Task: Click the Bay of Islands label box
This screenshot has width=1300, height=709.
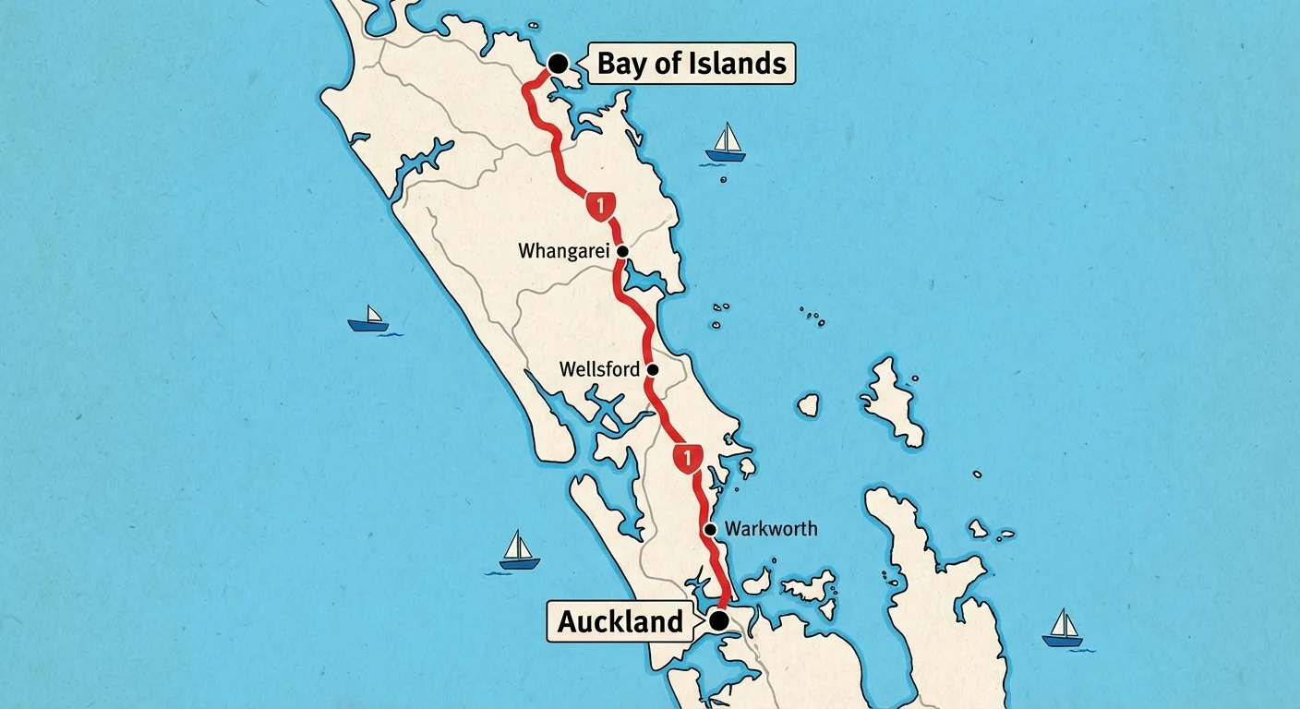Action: coord(692,64)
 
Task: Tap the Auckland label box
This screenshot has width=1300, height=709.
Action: coord(620,621)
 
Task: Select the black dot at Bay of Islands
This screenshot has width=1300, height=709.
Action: coord(559,63)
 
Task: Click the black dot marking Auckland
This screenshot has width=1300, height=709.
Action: coord(718,620)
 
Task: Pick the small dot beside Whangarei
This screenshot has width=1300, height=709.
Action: coord(622,251)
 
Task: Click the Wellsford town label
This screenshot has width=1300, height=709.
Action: coord(599,369)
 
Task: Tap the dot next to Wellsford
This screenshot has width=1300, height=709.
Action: coord(653,369)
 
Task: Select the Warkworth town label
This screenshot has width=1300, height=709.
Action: coord(771,529)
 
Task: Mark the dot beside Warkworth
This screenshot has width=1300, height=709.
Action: coord(710,529)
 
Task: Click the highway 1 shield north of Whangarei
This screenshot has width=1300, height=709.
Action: coord(600,205)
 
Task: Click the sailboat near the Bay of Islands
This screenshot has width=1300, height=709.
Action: coord(726,143)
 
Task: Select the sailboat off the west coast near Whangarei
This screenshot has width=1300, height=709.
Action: coord(369,318)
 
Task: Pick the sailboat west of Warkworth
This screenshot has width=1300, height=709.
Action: coord(519,551)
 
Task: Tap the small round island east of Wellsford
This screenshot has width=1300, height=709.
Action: coord(808,404)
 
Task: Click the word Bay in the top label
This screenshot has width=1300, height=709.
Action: coord(620,64)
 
